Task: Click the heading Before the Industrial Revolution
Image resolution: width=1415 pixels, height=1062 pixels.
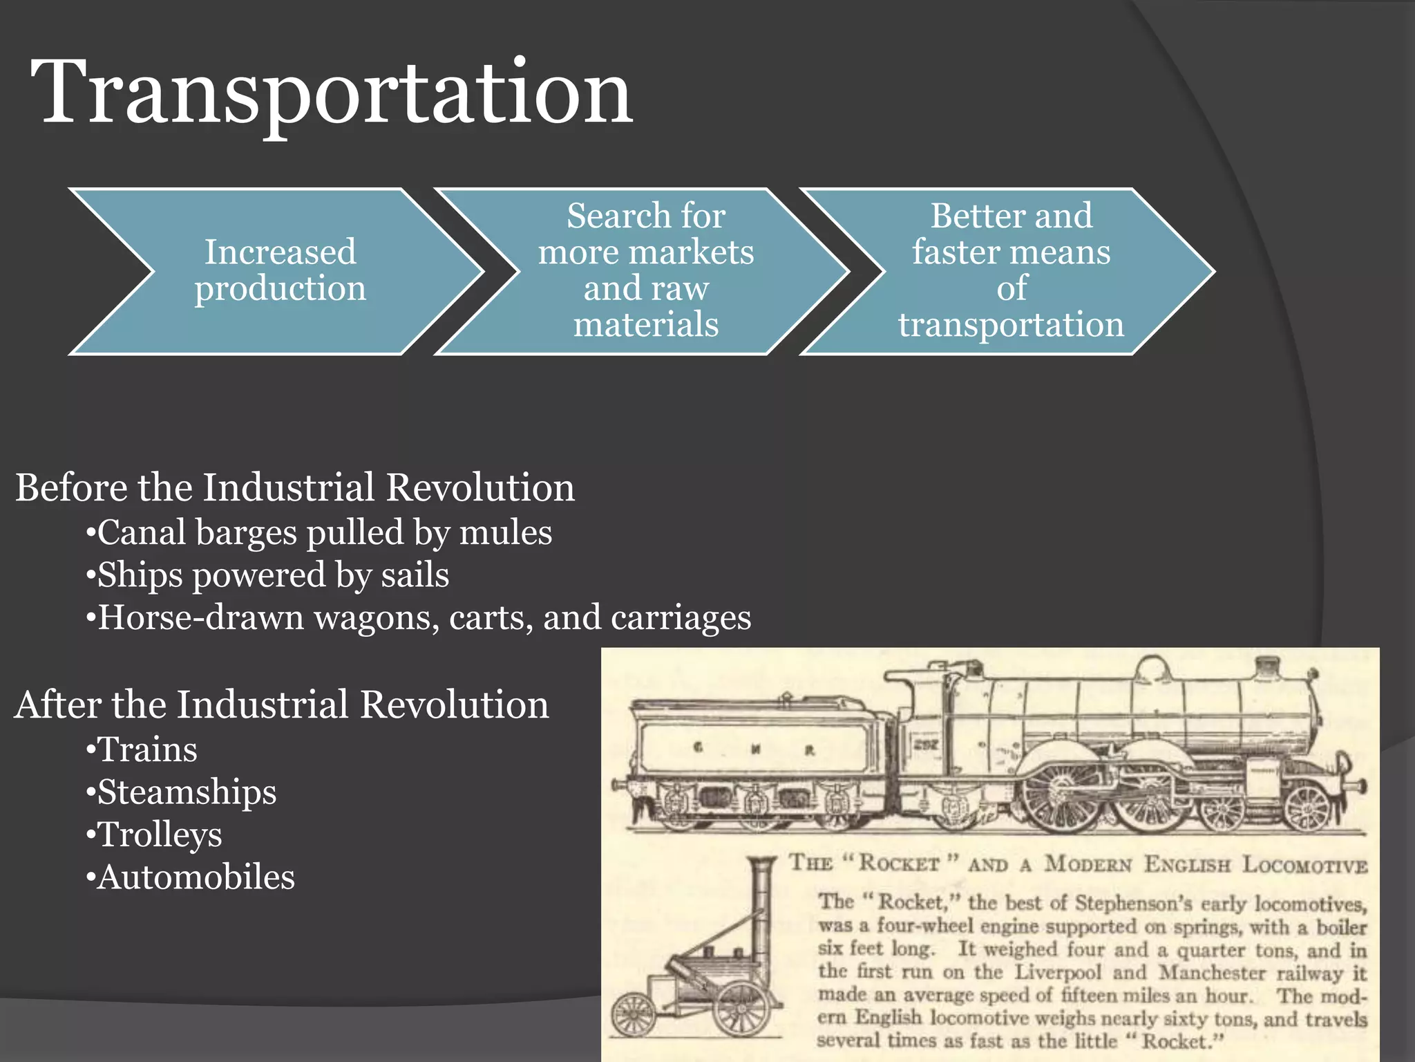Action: pos(295,487)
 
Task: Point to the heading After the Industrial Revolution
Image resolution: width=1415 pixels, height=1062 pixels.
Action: pos(282,705)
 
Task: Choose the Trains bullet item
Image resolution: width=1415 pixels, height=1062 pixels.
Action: pos(147,750)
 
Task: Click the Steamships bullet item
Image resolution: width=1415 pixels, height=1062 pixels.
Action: pos(187,792)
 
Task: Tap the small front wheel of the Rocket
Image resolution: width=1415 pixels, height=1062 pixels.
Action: pos(634,1014)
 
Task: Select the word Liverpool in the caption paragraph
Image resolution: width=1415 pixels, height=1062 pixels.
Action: pos(1057,972)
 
